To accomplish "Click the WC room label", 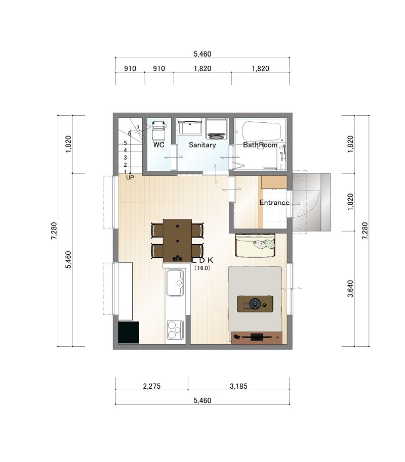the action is click(159, 145).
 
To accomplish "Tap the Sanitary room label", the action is click(202, 145).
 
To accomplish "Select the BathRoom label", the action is click(260, 145).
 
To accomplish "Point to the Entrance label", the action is click(274, 202).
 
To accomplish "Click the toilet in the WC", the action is click(159, 129).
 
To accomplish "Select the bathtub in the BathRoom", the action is click(261, 132).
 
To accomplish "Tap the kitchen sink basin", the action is click(175, 283).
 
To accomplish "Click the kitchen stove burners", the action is click(175, 330).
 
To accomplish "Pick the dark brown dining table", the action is click(177, 241).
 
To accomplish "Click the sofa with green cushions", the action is click(256, 245).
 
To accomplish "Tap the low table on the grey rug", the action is click(255, 303).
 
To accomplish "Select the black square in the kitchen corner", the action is click(129, 333).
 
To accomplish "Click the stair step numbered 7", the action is click(138, 127).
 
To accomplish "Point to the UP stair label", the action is click(130, 177).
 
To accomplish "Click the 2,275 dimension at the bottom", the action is click(152, 386).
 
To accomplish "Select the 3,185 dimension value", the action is click(238, 386).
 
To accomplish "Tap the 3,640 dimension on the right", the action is click(350, 289).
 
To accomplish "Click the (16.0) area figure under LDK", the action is click(202, 268).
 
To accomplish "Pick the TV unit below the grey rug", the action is click(257, 338).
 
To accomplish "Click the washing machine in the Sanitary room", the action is click(217, 129).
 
